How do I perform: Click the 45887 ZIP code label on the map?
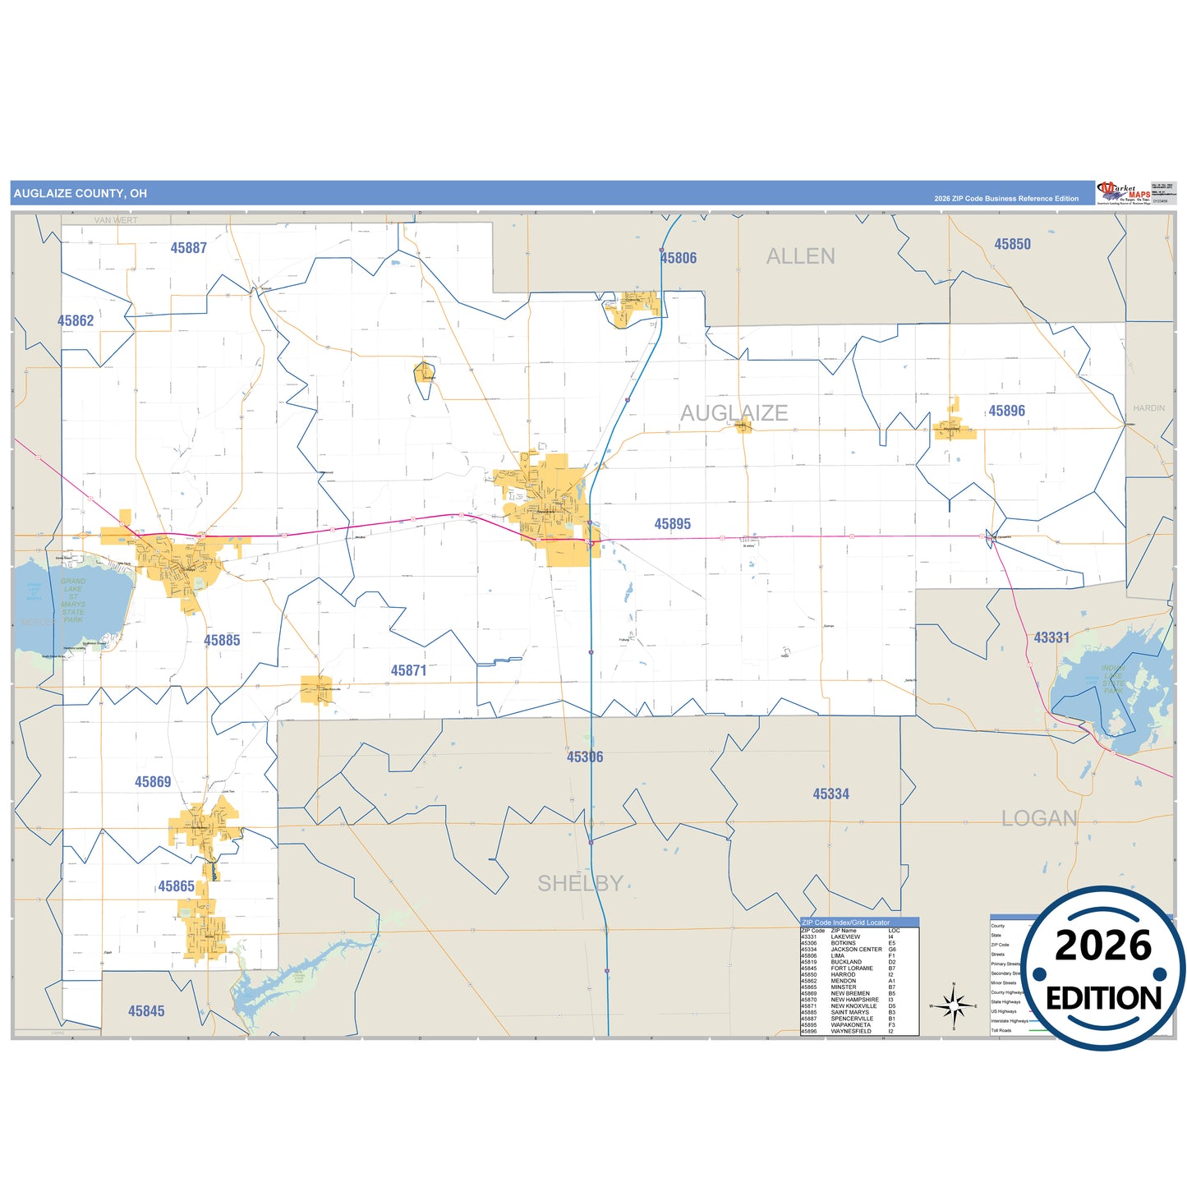pyautogui.click(x=188, y=248)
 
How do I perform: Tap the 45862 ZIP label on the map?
pyautogui.click(x=76, y=321)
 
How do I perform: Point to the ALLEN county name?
pyautogui.click(x=800, y=256)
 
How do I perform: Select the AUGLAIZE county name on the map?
pyautogui.click(x=734, y=412)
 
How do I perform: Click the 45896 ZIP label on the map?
pyautogui.click(x=1006, y=411)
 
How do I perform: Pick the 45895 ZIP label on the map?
pyautogui.click(x=672, y=524)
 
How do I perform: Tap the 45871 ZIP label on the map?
pyautogui.click(x=408, y=670)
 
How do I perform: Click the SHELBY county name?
pyautogui.click(x=580, y=883)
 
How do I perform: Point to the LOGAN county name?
pyautogui.click(x=1038, y=818)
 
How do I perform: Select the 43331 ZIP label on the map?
pyautogui.click(x=1051, y=637)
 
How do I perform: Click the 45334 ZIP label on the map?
pyautogui.click(x=830, y=794)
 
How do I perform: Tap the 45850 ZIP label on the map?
pyautogui.click(x=1012, y=244)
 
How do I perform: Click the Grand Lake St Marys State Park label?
pyautogui.click(x=73, y=600)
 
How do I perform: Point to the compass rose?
pyautogui.click(x=953, y=1005)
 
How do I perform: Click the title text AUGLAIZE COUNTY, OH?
pyautogui.click(x=81, y=194)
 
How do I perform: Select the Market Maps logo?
pyautogui.click(x=1124, y=193)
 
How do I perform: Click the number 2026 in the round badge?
pyautogui.click(x=1102, y=945)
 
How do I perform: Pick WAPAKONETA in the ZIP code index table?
pyautogui.click(x=850, y=1025)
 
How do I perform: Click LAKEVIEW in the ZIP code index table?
pyautogui.click(x=845, y=936)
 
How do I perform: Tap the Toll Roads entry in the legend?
pyautogui.click(x=1001, y=1030)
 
